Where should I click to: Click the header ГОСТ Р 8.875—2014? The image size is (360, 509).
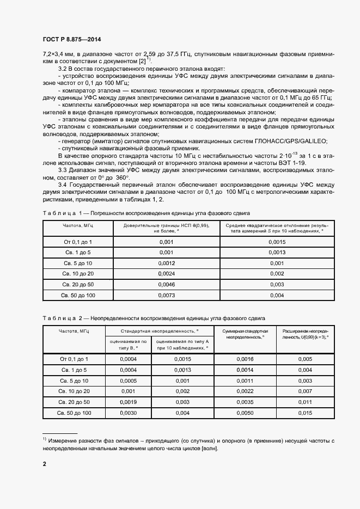[x=71, y=40]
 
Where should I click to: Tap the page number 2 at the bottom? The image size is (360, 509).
[x=44, y=464]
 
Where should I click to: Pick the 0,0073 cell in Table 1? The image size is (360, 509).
[x=166, y=295]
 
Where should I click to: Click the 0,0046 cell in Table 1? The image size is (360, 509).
[x=166, y=284]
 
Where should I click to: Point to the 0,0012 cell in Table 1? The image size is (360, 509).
[x=166, y=262]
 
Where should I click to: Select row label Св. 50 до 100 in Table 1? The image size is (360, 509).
[x=78, y=295]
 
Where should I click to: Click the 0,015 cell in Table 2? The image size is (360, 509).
[x=306, y=413]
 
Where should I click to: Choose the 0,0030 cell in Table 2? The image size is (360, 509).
[x=128, y=413]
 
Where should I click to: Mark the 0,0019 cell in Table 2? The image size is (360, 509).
[x=128, y=402]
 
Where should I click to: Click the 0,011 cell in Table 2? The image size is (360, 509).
[x=306, y=402]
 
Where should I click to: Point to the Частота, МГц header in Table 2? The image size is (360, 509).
[x=74, y=330]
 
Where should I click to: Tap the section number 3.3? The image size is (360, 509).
[x=63, y=170]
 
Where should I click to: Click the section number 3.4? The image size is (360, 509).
[x=63, y=185]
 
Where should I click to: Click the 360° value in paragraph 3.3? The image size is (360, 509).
[x=120, y=177]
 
